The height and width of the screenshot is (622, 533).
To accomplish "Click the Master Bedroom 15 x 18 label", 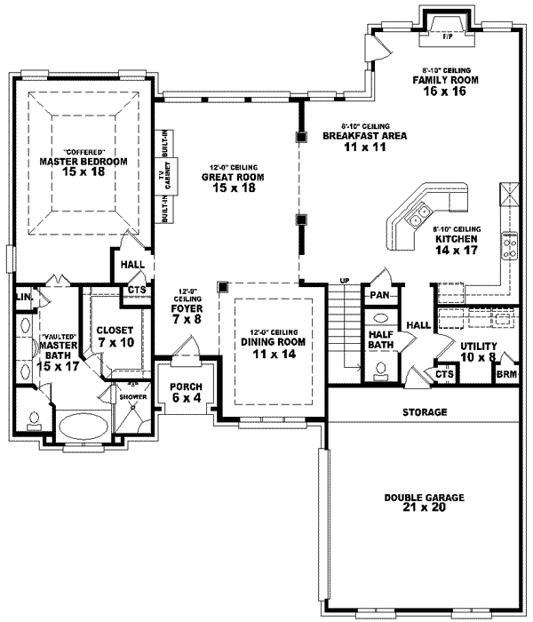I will point(84,166).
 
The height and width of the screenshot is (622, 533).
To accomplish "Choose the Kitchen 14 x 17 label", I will point(457,240).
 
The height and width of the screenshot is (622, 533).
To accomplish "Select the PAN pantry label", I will point(379,294).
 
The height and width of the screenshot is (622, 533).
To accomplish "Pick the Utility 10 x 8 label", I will point(477,350).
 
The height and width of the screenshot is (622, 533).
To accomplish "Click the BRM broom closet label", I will point(506,377).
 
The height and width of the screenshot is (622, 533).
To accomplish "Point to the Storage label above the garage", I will point(424,412).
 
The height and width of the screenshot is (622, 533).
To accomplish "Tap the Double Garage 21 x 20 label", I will point(424,503).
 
